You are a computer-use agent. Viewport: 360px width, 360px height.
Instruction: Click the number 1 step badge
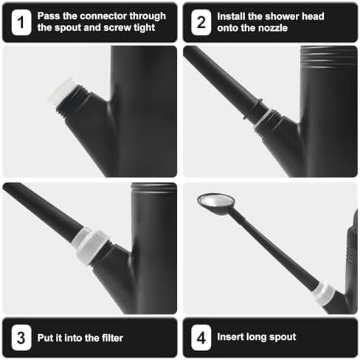21,22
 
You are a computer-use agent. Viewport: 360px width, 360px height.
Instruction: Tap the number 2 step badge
201,22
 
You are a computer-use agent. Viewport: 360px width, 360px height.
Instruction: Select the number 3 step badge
21,337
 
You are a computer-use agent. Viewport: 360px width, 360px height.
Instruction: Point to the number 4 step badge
201,337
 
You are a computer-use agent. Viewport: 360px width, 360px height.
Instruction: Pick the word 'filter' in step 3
112,338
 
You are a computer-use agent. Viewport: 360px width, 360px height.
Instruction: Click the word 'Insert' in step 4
230,337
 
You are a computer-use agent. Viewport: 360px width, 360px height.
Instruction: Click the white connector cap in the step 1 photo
61,91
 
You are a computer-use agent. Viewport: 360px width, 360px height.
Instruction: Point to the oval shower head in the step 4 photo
215,202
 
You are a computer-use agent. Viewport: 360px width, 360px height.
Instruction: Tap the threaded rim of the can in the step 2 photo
328,57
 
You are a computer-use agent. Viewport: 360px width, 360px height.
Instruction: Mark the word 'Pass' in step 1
49,16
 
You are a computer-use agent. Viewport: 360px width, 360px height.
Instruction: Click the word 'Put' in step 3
45,338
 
